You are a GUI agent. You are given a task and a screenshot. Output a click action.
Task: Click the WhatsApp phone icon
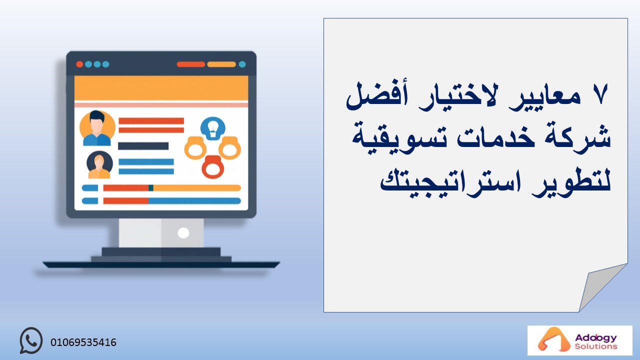[x=31, y=340]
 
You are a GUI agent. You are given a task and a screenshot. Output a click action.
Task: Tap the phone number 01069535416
[x=83, y=342]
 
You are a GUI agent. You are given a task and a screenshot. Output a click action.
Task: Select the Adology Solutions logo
[x=579, y=340]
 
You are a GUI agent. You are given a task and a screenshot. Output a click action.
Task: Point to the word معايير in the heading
[x=545, y=97]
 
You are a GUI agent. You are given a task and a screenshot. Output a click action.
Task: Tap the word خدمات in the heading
[x=495, y=137]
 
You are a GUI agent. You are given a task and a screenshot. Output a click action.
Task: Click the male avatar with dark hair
[x=97, y=128]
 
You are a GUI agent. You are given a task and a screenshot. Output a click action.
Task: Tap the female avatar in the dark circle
[x=99, y=165]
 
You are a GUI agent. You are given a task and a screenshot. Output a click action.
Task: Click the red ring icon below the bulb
[x=213, y=167]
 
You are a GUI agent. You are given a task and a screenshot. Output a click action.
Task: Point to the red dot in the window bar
[x=79, y=64]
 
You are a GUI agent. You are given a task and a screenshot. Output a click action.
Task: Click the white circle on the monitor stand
[x=183, y=233]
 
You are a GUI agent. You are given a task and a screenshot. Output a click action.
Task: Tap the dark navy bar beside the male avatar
[x=143, y=146]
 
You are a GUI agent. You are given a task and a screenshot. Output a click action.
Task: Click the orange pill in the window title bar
[x=221, y=64]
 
